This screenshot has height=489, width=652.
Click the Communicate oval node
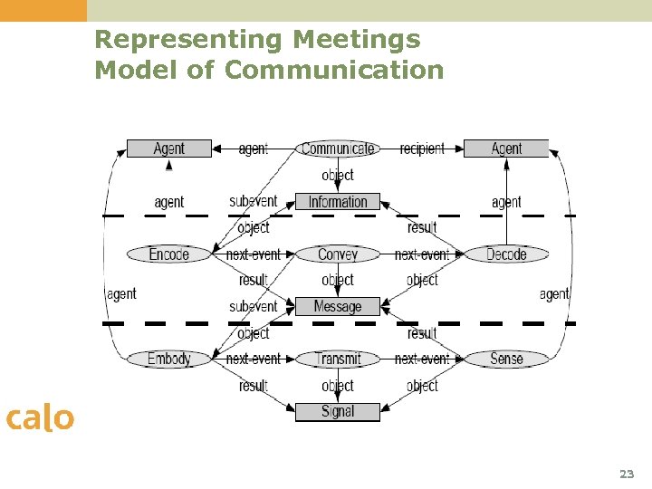[x=338, y=149]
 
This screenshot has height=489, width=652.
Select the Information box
[x=338, y=202]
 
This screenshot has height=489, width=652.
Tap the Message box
[x=338, y=307]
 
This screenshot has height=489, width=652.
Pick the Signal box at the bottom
[x=338, y=412]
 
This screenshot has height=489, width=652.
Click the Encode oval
[x=169, y=254]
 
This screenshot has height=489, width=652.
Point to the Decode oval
[x=506, y=254]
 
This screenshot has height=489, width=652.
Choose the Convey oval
[x=338, y=254]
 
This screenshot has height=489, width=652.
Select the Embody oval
[x=169, y=360]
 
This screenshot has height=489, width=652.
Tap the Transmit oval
[x=338, y=360]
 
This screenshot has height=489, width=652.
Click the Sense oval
[x=506, y=360]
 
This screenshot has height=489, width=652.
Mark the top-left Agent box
[x=169, y=149]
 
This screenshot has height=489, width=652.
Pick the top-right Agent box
[x=506, y=149]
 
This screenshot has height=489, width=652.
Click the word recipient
[x=422, y=149]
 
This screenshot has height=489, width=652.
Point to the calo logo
[x=39, y=418]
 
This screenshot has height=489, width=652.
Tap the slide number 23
[x=627, y=474]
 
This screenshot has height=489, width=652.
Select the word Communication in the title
[x=334, y=70]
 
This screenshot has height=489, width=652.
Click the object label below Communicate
[x=338, y=175]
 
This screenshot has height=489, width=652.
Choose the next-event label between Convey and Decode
[x=422, y=254]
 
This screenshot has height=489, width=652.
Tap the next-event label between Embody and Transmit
[x=254, y=360]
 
